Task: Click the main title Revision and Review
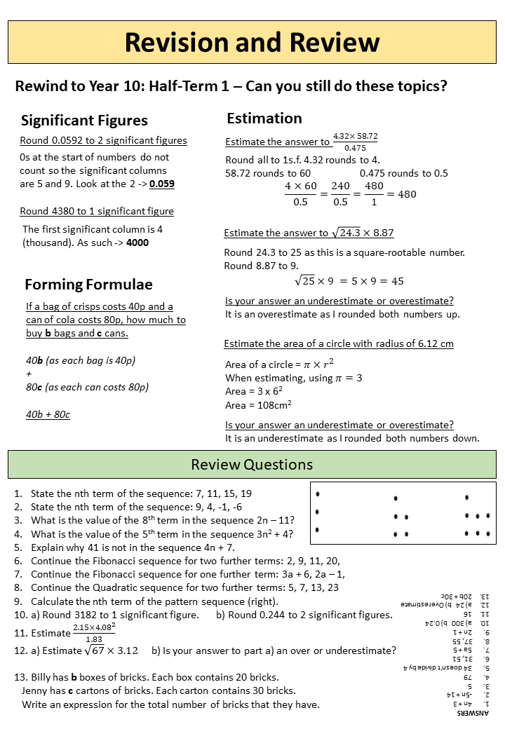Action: tap(252, 42)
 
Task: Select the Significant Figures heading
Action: tap(84, 121)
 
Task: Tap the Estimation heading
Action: tap(264, 118)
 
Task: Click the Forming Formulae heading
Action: tap(88, 284)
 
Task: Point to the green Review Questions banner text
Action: tap(252, 465)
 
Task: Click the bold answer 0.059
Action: tap(162, 184)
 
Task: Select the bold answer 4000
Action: tap(137, 243)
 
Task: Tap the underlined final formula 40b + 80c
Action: tap(48, 414)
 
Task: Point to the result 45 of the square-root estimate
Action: tap(397, 281)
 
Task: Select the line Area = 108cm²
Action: tap(258, 404)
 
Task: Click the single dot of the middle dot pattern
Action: tap(396, 498)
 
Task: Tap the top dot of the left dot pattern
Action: tap(318, 494)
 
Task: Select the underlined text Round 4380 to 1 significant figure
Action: tap(97, 211)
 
